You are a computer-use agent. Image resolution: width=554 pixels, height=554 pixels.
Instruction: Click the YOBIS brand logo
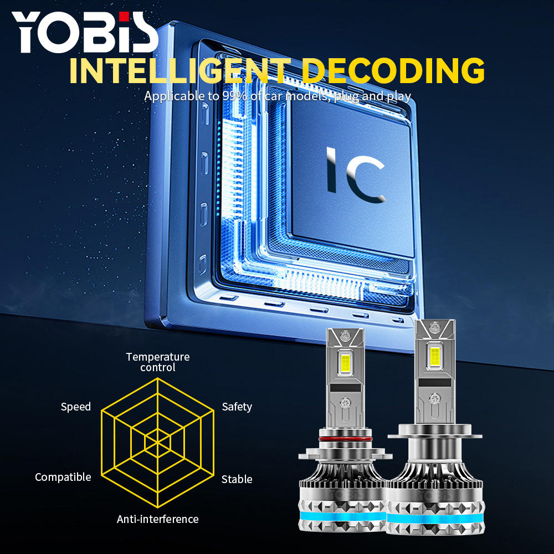(x=85, y=31)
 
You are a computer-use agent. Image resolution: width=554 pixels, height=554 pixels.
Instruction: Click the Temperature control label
(x=158, y=362)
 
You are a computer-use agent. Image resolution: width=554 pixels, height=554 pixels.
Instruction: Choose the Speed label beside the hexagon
(x=76, y=407)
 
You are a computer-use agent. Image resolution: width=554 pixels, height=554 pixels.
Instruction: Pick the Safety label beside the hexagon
(x=237, y=407)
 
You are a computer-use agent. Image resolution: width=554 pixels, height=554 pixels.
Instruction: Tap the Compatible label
(x=63, y=477)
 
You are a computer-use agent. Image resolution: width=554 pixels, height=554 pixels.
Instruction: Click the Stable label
(x=237, y=479)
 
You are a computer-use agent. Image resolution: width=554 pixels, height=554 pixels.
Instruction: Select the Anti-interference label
(x=158, y=519)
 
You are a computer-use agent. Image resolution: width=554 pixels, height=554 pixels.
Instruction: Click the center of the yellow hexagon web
(x=158, y=442)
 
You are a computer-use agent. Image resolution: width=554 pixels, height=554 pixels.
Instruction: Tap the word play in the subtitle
(x=398, y=96)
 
